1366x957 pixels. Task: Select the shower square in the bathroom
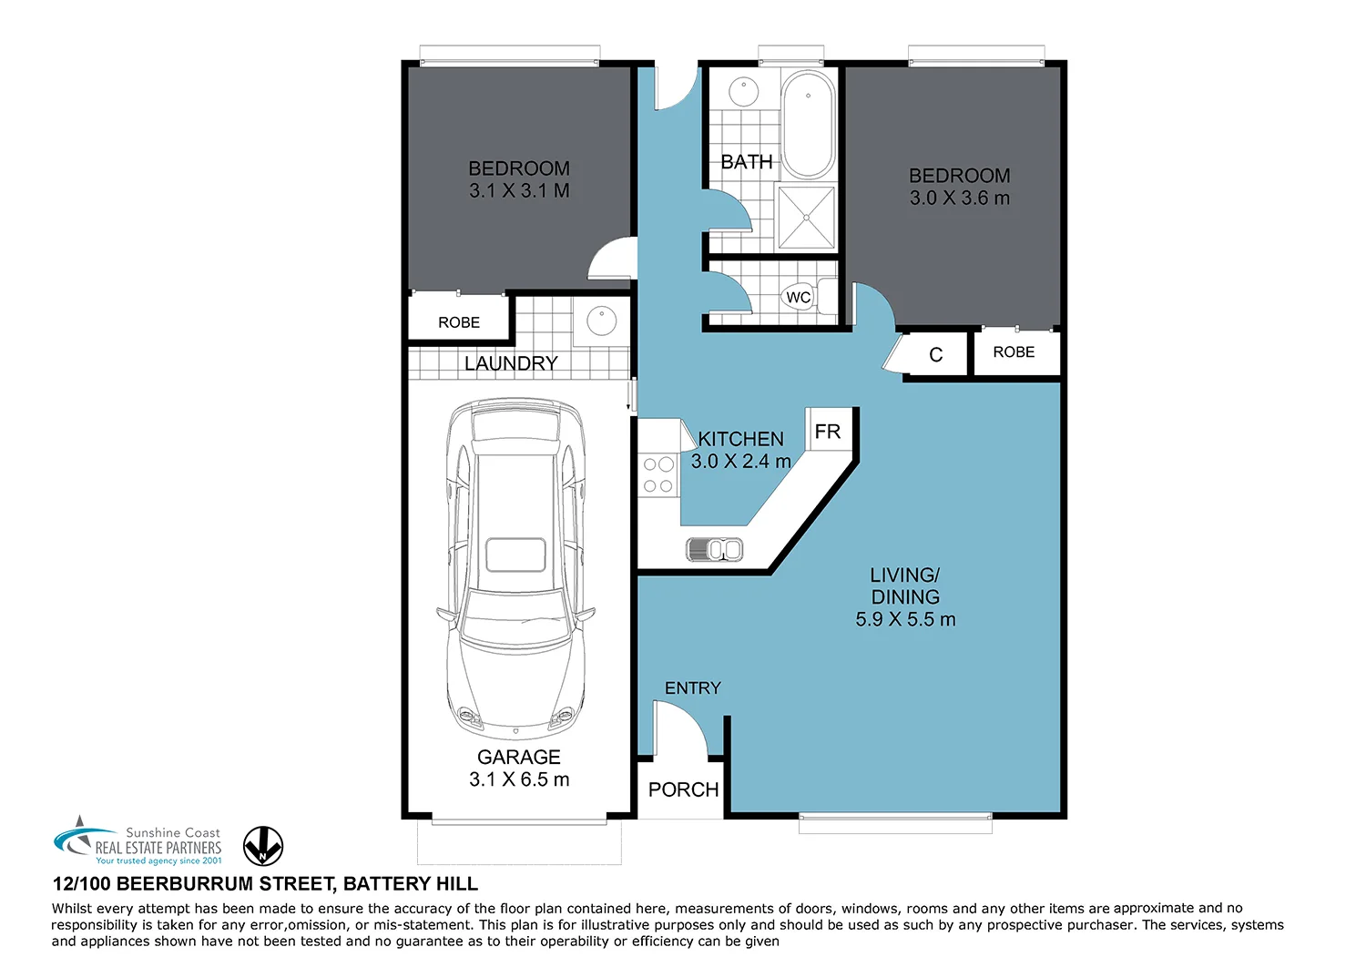806,218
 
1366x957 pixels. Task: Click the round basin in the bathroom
743,92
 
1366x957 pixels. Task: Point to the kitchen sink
714,549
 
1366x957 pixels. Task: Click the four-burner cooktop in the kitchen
658,474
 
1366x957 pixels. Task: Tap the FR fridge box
828,432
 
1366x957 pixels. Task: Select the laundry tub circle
601,321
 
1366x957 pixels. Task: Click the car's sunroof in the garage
515,555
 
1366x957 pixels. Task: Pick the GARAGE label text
519,758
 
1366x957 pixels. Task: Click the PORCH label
683,790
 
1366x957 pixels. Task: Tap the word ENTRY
692,688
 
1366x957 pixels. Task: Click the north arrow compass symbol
263,846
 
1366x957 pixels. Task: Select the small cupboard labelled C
935,355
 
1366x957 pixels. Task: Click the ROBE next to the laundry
459,322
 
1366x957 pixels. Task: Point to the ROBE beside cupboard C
1014,352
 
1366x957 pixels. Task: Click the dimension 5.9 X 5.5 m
905,620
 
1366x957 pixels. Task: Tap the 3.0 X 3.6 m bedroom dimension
960,199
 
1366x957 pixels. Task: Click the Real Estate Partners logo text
158,847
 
